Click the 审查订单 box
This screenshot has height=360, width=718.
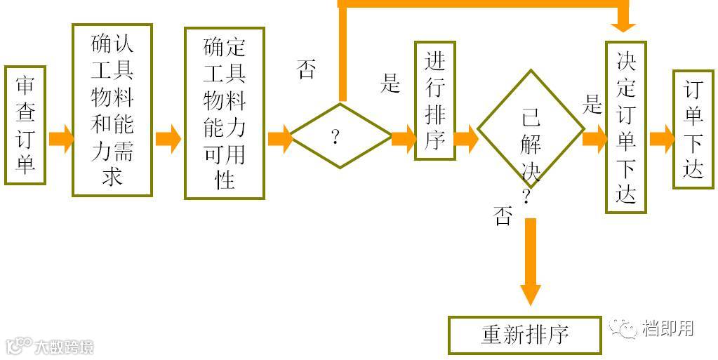coord(25,126)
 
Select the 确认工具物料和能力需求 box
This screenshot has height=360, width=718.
coord(112,109)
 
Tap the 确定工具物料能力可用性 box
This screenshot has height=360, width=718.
coord(225,113)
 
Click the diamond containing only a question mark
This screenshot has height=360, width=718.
coord(340,136)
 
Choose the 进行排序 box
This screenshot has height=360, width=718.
coord(435,100)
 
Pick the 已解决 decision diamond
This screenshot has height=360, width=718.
coord(531,131)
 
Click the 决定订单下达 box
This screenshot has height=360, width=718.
coord(625,126)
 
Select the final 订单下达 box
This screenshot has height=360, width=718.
coord(693,129)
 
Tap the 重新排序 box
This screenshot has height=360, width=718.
coord(524,334)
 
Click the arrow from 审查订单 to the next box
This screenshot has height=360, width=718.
coord(60,138)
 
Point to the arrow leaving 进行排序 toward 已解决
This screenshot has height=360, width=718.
coord(466,138)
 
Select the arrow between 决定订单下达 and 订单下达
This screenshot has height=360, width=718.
coord(661,138)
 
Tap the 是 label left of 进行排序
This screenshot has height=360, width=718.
coord(390,84)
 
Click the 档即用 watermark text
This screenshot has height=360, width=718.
coord(667,328)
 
